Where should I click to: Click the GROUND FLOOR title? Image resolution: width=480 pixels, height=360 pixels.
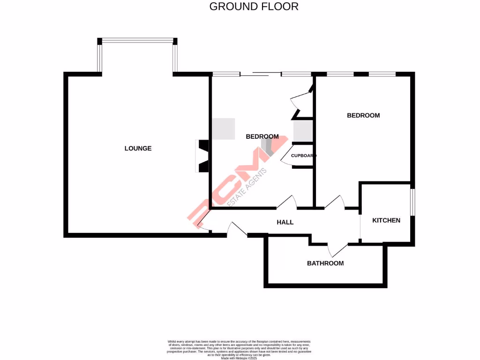coord(254,7)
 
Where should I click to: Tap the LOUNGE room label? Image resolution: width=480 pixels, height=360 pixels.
coord(138,149)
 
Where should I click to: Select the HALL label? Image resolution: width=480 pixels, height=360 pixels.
coord(285,222)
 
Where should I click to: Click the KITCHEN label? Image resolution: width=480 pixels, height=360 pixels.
coord(386,220)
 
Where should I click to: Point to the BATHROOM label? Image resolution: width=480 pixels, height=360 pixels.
coord(325,263)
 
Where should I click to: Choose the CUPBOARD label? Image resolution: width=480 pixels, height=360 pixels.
coord(303,156)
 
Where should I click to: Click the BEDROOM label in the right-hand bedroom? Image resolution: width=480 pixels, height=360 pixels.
coord(363,115)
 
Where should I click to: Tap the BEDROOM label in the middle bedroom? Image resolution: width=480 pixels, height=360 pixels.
coord(262,137)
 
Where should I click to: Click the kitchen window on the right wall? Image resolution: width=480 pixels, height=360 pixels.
coord(412,202)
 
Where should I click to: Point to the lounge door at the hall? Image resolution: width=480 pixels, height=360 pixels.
coord(203,224)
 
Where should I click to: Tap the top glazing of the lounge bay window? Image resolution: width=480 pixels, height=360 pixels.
coord(137,41)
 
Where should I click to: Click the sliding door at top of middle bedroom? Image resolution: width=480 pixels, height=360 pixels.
coord(261,74)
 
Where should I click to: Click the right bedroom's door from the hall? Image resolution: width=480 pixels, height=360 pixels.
coord(335,202)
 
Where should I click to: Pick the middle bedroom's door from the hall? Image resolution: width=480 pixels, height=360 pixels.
coord(287,202)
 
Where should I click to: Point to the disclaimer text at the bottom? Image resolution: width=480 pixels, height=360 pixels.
coord(240,349)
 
